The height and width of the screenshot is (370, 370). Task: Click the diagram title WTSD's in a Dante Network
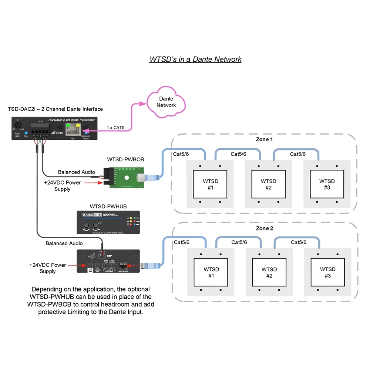(195, 59)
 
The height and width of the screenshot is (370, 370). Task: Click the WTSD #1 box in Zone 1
(211, 184)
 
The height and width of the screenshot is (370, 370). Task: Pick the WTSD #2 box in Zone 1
(269, 184)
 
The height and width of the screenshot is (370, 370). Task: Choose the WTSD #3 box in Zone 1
(327, 184)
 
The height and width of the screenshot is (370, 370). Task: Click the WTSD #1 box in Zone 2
(211, 272)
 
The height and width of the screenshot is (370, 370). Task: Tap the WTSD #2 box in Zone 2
(269, 272)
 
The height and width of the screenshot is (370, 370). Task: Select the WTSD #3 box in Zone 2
(327, 272)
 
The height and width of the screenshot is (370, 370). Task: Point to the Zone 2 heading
(265, 228)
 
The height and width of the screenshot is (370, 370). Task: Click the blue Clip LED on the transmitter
(26, 132)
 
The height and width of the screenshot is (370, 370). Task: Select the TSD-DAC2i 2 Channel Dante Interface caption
(55, 109)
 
